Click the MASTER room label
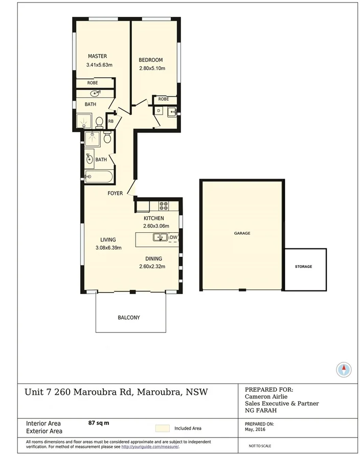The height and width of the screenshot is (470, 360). pos(97,56)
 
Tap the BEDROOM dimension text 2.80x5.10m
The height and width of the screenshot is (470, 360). pos(152,68)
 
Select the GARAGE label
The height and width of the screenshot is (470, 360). pos(242,233)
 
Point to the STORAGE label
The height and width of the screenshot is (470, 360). pos(303,267)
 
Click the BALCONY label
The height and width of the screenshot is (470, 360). pos(129,318)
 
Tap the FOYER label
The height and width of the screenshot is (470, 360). pos(115,193)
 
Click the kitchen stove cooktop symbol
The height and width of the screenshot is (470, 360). pos(164,206)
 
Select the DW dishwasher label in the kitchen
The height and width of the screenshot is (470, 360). pos(173,237)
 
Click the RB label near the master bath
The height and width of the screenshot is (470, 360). pos(110,121)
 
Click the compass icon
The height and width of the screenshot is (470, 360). pos(344,369)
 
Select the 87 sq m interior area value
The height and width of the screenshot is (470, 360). pos(99,423)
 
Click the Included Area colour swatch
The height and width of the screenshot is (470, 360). pos(162,429)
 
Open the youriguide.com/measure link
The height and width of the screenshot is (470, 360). pos(150,446)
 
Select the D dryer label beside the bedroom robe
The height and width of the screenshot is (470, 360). pos(159,110)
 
